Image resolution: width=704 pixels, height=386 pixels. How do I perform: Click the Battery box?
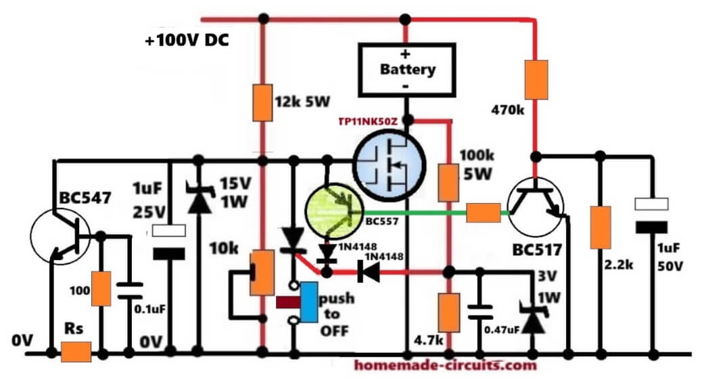tap(406, 70)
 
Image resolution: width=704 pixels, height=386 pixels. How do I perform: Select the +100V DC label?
tap(187, 41)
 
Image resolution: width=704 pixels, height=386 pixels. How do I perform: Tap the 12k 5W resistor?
tap(262, 102)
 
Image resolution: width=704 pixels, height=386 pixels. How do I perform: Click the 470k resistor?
tap(536, 79)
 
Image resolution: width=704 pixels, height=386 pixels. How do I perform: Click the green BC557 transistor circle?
tap(334, 211)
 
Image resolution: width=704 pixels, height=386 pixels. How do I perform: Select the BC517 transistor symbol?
tap(535, 207)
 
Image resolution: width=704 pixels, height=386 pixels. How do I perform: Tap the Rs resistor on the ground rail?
tap(76, 351)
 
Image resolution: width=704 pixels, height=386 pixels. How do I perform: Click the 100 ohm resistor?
tap(101, 288)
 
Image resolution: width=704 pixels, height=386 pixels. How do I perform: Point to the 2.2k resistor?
tap(601, 227)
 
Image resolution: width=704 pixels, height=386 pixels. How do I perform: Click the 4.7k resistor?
tap(449, 313)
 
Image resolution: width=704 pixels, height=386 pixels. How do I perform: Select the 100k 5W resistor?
tap(448, 183)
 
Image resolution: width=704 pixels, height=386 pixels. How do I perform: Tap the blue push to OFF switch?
tap(309, 303)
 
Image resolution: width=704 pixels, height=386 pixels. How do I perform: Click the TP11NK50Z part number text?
tap(368, 121)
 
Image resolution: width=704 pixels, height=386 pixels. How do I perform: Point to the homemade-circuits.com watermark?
tap(445, 365)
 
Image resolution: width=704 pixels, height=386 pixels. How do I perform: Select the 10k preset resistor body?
tap(262, 273)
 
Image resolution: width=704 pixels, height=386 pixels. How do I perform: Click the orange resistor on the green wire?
tap(483, 213)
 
